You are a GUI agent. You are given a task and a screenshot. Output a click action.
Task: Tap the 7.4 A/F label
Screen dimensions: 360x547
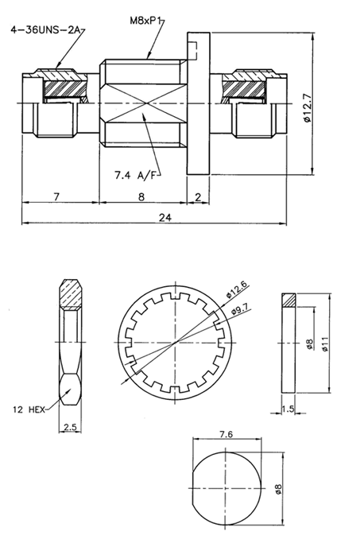[137, 176]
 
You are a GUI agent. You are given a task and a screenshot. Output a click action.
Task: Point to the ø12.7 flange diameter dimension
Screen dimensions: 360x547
[307, 108]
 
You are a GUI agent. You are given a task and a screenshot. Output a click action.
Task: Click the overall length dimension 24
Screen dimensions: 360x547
[165, 218]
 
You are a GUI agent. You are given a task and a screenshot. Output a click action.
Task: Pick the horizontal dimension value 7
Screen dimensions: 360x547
[56, 196]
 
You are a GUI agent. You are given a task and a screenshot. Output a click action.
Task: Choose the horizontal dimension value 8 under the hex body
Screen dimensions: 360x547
[141, 196]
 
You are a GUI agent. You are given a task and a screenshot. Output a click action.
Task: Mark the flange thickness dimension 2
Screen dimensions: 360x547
[198, 197]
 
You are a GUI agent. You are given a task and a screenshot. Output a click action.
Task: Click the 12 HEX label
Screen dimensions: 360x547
[29, 409]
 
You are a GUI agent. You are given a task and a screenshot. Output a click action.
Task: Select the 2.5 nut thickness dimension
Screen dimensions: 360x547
[70, 427]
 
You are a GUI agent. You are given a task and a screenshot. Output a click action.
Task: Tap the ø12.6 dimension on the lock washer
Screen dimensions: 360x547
[236, 289]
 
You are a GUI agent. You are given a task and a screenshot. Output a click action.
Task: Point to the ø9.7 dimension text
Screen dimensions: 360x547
[240, 308]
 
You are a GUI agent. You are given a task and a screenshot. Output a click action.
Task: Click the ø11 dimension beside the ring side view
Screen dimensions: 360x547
[325, 343]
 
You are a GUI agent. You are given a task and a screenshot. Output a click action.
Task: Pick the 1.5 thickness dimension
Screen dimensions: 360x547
[288, 409]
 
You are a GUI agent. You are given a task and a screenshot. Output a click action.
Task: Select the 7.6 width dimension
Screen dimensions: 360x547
[226, 434]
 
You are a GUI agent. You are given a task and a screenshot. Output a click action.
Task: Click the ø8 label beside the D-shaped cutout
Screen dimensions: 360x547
[278, 489]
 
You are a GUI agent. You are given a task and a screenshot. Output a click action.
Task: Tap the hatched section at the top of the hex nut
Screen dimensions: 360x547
[72, 295]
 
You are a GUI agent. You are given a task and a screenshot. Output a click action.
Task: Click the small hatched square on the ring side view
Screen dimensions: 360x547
[288, 301]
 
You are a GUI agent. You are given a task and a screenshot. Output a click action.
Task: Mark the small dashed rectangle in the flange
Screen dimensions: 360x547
[193, 51]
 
